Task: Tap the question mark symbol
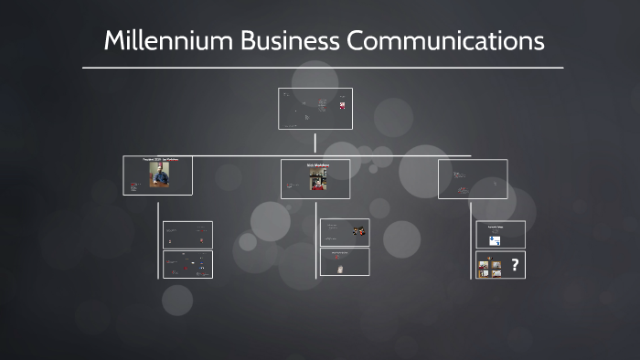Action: (515, 266)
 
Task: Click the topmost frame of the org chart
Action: (315, 109)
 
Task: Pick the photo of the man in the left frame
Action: (159, 175)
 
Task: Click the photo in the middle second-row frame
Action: (316, 177)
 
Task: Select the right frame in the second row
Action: (473, 179)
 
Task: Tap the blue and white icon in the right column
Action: (495, 241)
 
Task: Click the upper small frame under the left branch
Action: (187, 235)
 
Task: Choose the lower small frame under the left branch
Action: (187, 264)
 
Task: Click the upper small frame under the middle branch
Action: (345, 232)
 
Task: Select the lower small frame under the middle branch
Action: (345, 261)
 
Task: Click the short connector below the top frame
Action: (315, 143)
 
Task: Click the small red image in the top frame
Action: (342, 106)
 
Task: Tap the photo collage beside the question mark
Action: (489, 267)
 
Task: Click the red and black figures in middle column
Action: (359, 231)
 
